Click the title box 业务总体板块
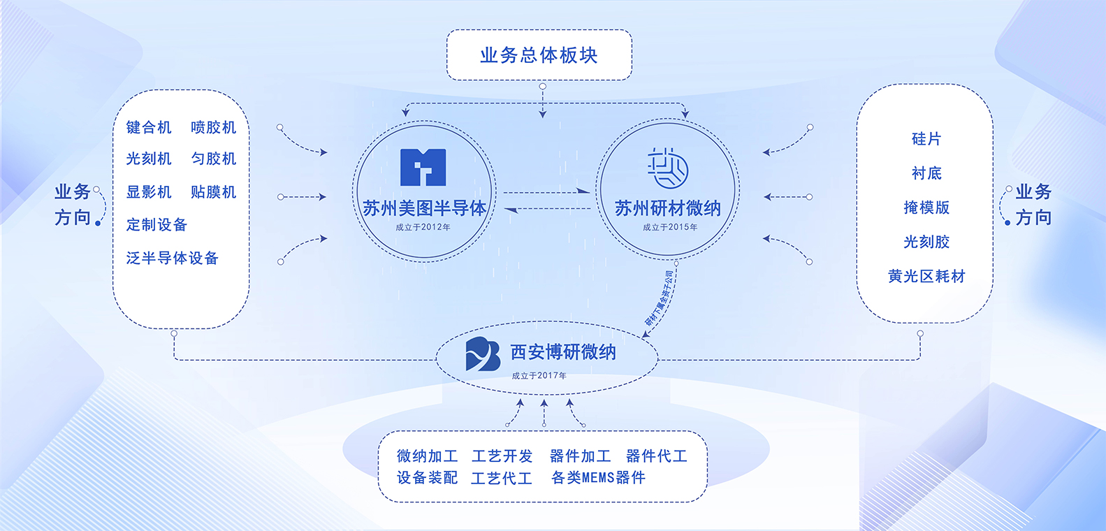tap(539, 55)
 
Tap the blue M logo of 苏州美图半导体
tap(423, 167)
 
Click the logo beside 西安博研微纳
tap(483, 354)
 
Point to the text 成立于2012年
tap(423, 227)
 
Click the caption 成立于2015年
tap(670, 227)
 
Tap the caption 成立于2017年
tap(539, 376)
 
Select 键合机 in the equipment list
tap(149, 127)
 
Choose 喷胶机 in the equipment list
tap(214, 127)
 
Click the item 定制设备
tap(157, 224)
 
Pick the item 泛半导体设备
tap(172, 258)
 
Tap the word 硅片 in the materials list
tap(926, 139)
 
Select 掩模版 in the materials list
tap(926, 208)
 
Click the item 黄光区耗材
tap(926, 276)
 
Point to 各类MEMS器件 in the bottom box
tap(598, 478)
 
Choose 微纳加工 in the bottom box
tap(427, 456)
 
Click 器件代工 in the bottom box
tap(657, 456)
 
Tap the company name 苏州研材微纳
tap(667, 208)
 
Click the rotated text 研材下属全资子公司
tap(660, 298)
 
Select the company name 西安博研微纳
tap(563, 352)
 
